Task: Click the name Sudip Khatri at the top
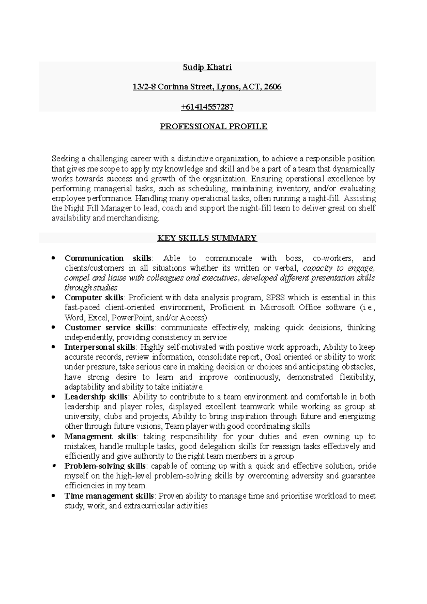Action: (x=207, y=67)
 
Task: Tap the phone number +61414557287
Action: (x=207, y=107)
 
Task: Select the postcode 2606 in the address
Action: (x=272, y=87)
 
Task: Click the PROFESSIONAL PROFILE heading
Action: (x=213, y=127)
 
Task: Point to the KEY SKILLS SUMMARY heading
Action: (x=207, y=238)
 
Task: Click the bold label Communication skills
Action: (x=108, y=258)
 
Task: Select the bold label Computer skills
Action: (x=94, y=297)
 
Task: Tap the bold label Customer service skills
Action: (x=109, y=327)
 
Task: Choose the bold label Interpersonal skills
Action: (x=100, y=347)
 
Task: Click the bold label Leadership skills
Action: (x=96, y=397)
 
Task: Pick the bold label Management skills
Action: (x=100, y=436)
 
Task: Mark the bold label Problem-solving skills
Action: (x=105, y=466)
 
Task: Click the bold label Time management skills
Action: (x=109, y=496)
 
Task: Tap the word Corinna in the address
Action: (x=169, y=87)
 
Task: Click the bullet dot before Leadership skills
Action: (x=53, y=397)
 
